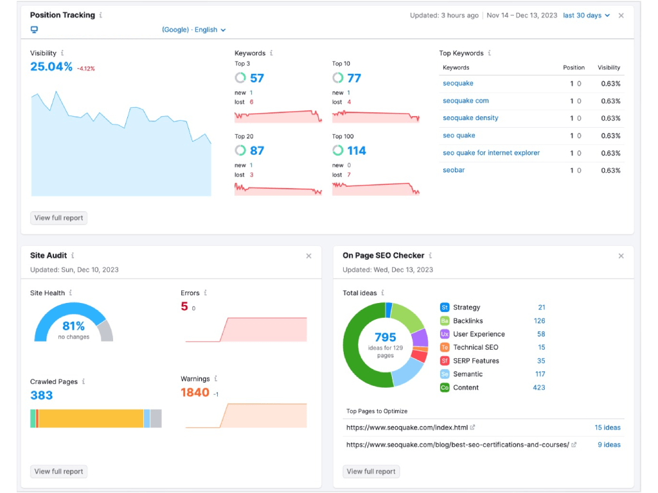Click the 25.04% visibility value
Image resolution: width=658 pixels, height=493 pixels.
tap(51, 67)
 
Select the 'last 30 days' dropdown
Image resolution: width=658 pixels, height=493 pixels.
tap(586, 15)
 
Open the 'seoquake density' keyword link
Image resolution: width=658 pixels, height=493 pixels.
tap(470, 118)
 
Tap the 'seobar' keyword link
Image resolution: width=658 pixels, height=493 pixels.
tap(454, 169)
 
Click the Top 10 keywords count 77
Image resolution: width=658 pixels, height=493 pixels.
tap(354, 78)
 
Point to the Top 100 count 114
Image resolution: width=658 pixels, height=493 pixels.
tap(356, 150)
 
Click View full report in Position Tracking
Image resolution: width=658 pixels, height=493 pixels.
tap(58, 218)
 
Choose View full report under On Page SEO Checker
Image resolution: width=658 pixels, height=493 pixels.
tap(371, 471)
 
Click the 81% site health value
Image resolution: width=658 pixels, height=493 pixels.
tap(73, 325)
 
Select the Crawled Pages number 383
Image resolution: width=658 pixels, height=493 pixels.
tap(42, 395)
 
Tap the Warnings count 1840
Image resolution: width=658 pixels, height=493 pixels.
tap(195, 392)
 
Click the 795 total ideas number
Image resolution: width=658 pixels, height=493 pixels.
tap(386, 337)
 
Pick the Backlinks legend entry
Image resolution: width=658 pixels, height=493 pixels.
tap(468, 321)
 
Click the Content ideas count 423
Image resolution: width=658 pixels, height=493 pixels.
tap(539, 387)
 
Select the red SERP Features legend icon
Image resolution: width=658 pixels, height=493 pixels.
tap(445, 361)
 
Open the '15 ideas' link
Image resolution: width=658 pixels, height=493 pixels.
tap(607, 428)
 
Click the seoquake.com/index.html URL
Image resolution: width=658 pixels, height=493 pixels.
tap(407, 428)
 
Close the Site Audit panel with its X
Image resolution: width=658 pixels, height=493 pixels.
tap(309, 256)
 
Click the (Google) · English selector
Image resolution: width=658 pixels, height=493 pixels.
tap(194, 30)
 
